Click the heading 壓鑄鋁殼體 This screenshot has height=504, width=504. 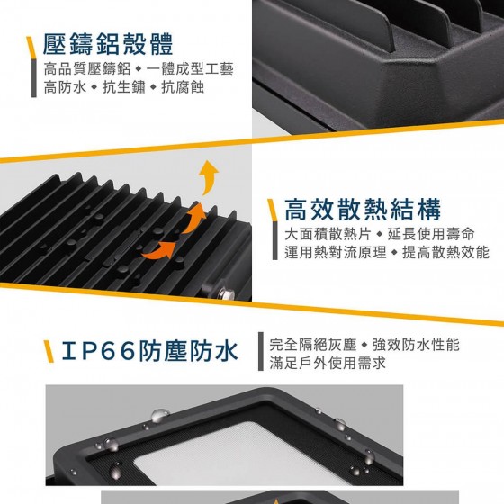108,44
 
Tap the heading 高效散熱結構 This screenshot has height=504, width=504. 363,210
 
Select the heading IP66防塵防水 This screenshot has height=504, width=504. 149,350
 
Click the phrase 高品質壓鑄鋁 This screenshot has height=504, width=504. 87,68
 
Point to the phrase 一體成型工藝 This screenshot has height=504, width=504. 190,68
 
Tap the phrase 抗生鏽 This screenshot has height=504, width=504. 124,87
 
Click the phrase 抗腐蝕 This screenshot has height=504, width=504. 183,87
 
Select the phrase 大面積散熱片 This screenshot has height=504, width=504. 328,234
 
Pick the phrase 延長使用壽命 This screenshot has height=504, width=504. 431,234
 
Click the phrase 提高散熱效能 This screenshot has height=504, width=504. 446,252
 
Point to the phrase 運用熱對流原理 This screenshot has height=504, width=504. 336,252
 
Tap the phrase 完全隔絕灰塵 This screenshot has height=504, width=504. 313,345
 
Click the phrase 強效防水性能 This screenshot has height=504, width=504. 416,345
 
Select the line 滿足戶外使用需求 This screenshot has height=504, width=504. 328,364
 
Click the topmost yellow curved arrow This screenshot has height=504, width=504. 208,177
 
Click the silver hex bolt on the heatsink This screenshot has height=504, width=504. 222,293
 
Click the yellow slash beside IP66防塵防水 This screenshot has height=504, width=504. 49,351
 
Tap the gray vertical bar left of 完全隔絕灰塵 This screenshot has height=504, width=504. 261,351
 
